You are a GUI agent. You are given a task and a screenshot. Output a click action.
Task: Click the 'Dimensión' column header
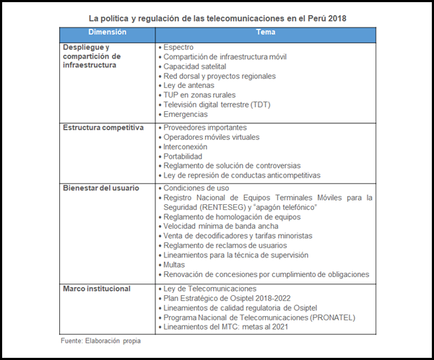(107, 33)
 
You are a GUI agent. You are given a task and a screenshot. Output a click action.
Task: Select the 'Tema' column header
(265, 33)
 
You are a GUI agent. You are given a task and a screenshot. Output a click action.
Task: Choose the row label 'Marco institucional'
(97, 289)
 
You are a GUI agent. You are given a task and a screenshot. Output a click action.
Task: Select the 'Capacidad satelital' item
(195, 66)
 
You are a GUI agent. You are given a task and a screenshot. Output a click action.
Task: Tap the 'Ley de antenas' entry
(189, 85)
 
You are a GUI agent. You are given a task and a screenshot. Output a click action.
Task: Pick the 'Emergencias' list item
(186, 114)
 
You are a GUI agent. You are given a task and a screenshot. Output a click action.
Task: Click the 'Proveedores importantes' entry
(204, 128)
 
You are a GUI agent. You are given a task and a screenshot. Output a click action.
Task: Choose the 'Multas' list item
(175, 265)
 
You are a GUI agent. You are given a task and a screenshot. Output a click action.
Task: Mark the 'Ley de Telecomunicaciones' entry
(210, 289)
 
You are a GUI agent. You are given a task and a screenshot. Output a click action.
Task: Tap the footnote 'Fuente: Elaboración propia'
(100, 341)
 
